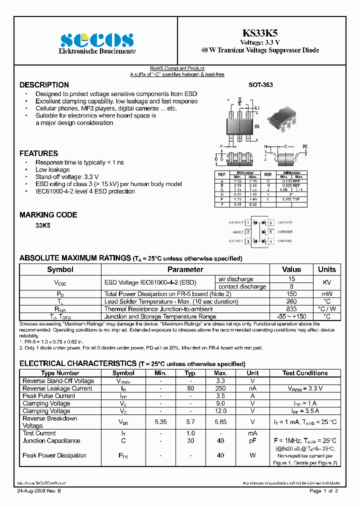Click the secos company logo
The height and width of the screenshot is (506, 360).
click(97, 39)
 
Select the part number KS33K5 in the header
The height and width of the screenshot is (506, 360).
click(260, 33)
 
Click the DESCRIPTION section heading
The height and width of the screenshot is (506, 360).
click(44, 85)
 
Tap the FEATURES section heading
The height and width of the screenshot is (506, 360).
click(38, 153)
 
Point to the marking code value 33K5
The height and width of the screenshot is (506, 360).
click(42, 225)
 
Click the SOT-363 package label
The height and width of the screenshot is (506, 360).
click(260, 85)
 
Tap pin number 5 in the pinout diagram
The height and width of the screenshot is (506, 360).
click(270, 232)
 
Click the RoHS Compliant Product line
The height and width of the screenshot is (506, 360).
click(177, 68)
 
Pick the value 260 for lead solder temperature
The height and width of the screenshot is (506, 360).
click(291, 301)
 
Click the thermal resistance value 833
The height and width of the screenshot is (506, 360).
click(291, 309)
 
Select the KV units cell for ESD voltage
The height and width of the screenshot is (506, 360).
click(326, 282)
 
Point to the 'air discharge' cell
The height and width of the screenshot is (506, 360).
click(236, 279)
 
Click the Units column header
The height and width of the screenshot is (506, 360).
click(326, 269)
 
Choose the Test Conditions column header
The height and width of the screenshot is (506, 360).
click(305, 373)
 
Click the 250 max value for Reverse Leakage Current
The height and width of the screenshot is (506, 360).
click(220, 388)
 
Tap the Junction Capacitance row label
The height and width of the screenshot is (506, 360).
click(51, 440)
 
